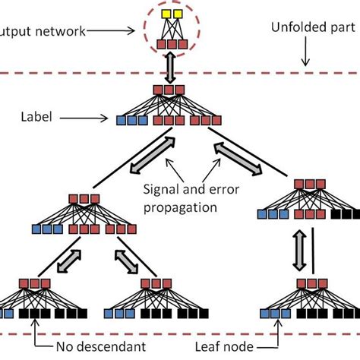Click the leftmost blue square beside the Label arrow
pos(122,119)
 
